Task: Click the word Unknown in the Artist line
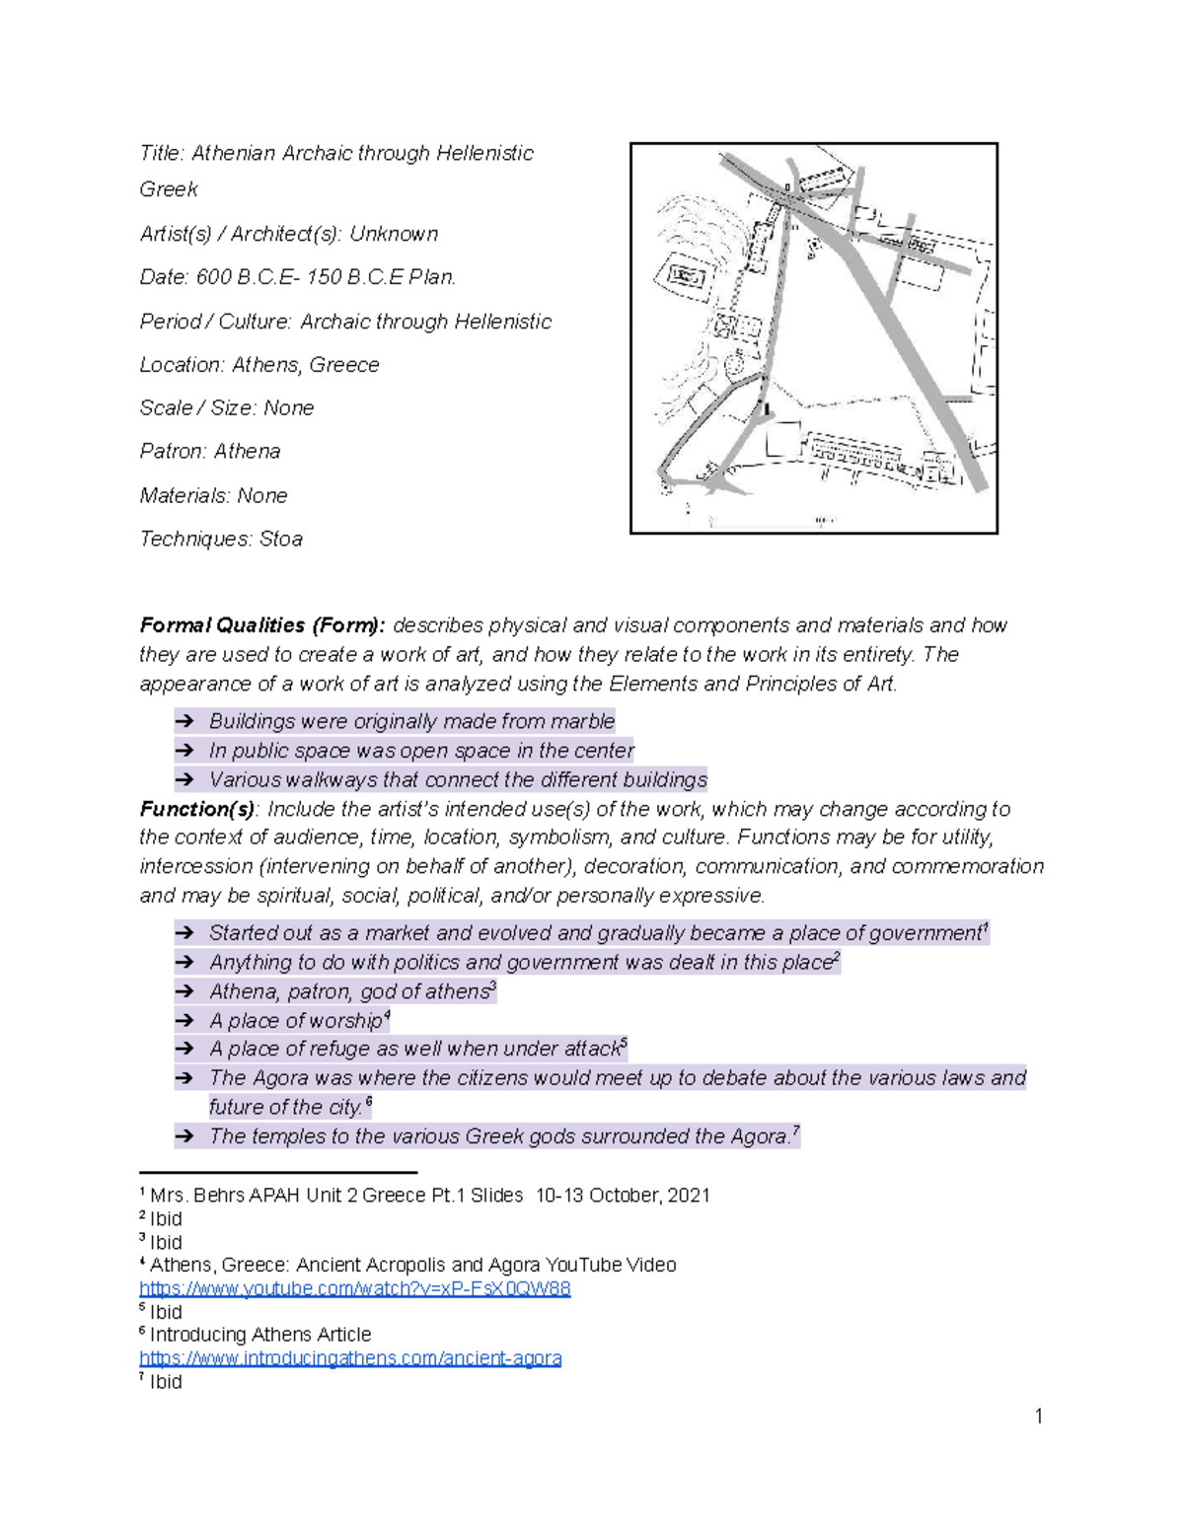point(394,234)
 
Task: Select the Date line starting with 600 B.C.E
point(297,277)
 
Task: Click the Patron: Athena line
point(210,451)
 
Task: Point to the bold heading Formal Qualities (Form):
point(261,625)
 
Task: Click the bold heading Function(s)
point(197,809)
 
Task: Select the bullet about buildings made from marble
point(411,721)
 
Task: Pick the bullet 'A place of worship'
point(296,1020)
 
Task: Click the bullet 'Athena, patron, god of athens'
point(349,991)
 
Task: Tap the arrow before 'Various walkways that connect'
point(185,780)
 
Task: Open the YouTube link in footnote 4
point(355,1288)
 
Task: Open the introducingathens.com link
point(350,1358)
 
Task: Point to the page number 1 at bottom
point(1038,1417)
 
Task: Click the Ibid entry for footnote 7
point(165,1382)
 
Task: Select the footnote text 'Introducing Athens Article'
point(260,1335)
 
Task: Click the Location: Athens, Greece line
point(259,365)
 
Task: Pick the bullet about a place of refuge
point(414,1049)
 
